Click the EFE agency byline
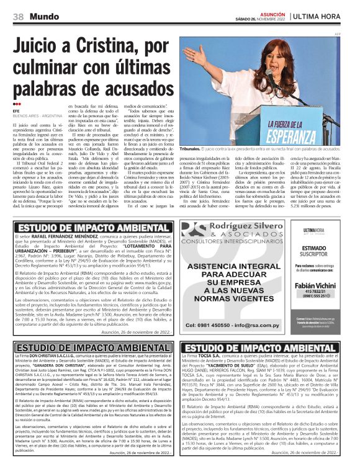[16, 111]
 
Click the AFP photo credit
[338, 33]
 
